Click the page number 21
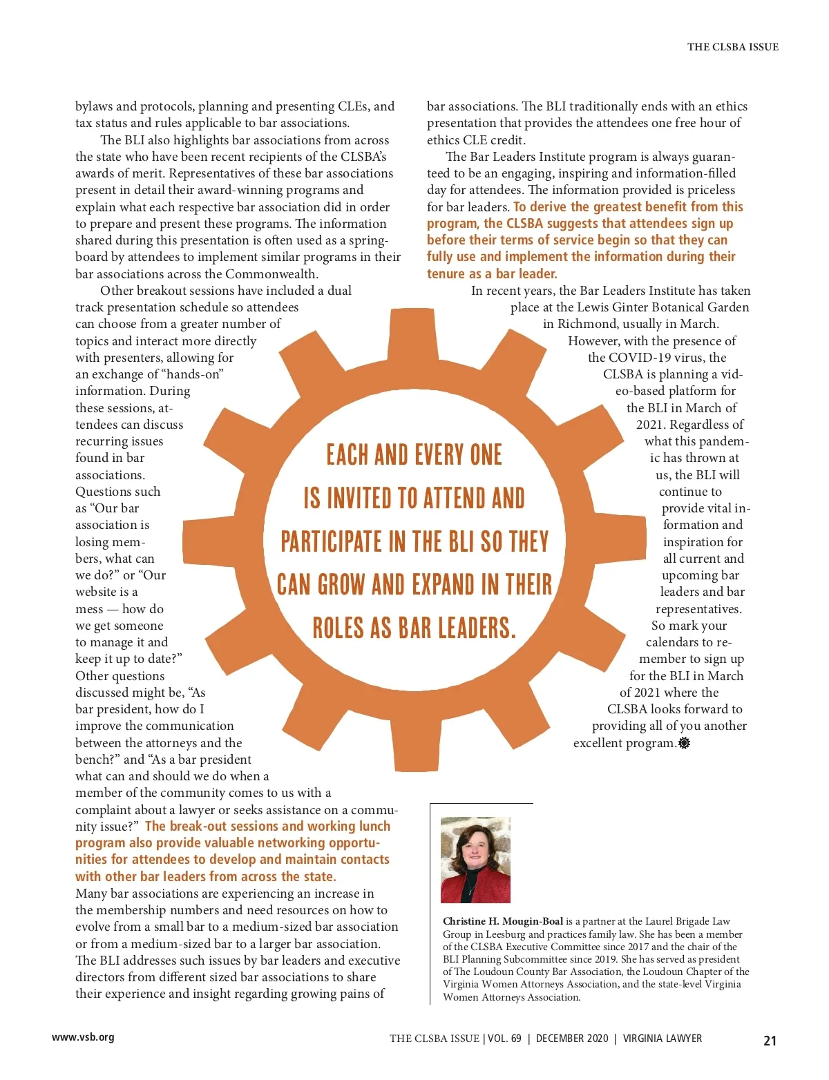click(770, 1041)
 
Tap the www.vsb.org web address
click(83, 1036)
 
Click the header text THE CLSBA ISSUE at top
click(732, 47)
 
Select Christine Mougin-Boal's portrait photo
click(475, 860)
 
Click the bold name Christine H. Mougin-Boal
click(503, 921)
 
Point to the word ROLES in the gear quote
click(338, 628)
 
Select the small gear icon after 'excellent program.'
click(684, 743)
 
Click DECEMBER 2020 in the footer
click(572, 1039)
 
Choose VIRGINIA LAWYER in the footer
click(663, 1039)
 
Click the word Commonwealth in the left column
click(270, 273)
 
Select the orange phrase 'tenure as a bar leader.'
click(492, 273)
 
